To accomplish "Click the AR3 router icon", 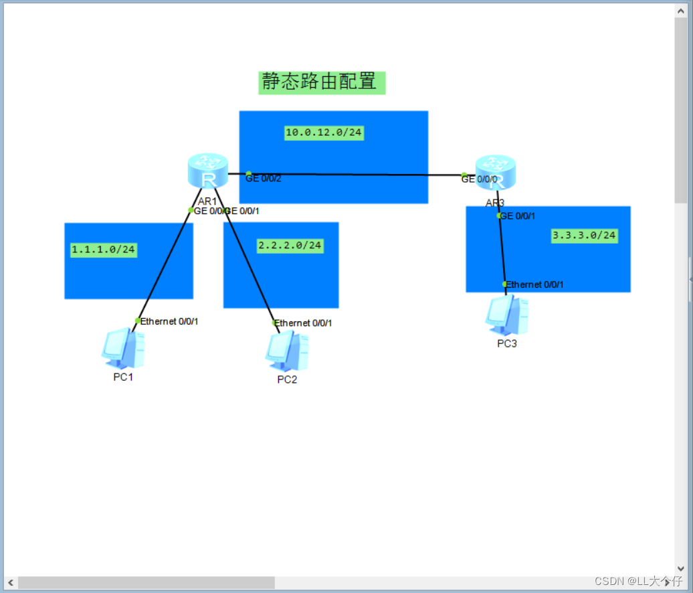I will [x=496, y=173].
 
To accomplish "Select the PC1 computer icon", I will [x=122, y=348].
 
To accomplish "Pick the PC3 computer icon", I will [x=506, y=315].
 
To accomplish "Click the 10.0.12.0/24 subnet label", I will [x=324, y=133].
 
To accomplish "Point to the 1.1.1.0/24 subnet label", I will [x=104, y=250].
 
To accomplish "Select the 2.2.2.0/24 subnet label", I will [x=290, y=246].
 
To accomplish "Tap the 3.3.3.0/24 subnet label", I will [x=584, y=236].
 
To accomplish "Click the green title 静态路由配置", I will [x=322, y=82].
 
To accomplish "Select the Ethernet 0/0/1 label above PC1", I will [x=169, y=321].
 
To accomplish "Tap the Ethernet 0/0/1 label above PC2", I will [x=304, y=323].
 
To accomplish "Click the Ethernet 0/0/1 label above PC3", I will [x=534, y=284].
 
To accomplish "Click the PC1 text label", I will [x=123, y=377].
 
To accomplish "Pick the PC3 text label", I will [x=507, y=343].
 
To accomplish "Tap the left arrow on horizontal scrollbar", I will [x=10, y=583].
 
